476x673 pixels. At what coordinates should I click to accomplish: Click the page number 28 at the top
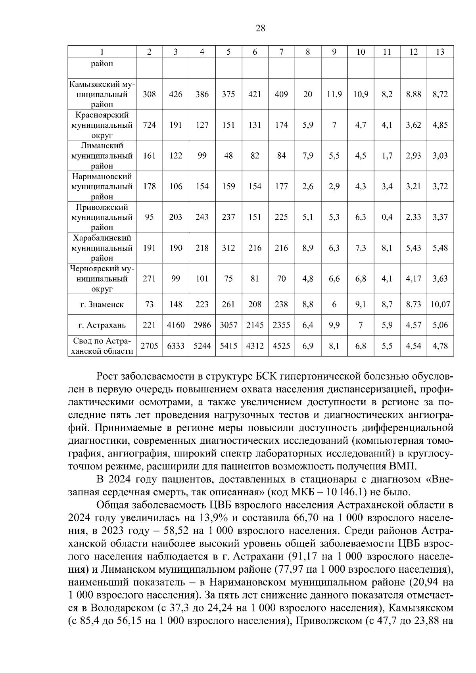point(261,28)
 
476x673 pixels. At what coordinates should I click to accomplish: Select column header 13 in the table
point(440,52)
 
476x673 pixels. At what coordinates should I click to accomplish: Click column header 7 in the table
point(281,52)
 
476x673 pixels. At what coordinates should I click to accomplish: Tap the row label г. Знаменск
point(102,305)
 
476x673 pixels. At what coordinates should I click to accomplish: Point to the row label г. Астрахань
point(102,325)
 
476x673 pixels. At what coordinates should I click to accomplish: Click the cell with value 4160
point(176,325)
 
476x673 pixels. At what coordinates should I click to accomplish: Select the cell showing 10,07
point(440,305)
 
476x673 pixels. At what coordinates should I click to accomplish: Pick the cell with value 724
point(149,125)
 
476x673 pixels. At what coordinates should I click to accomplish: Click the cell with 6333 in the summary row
point(176,346)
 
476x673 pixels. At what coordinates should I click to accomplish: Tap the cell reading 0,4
point(387,217)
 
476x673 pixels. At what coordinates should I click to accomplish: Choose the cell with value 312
point(228,248)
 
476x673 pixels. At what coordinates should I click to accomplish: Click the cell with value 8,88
point(413,94)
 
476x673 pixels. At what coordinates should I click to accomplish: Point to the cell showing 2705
point(149,346)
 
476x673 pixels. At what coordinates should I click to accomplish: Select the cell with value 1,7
point(387,156)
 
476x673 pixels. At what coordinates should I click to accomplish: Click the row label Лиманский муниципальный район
point(102,156)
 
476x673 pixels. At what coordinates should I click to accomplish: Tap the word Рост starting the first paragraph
point(107,376)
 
